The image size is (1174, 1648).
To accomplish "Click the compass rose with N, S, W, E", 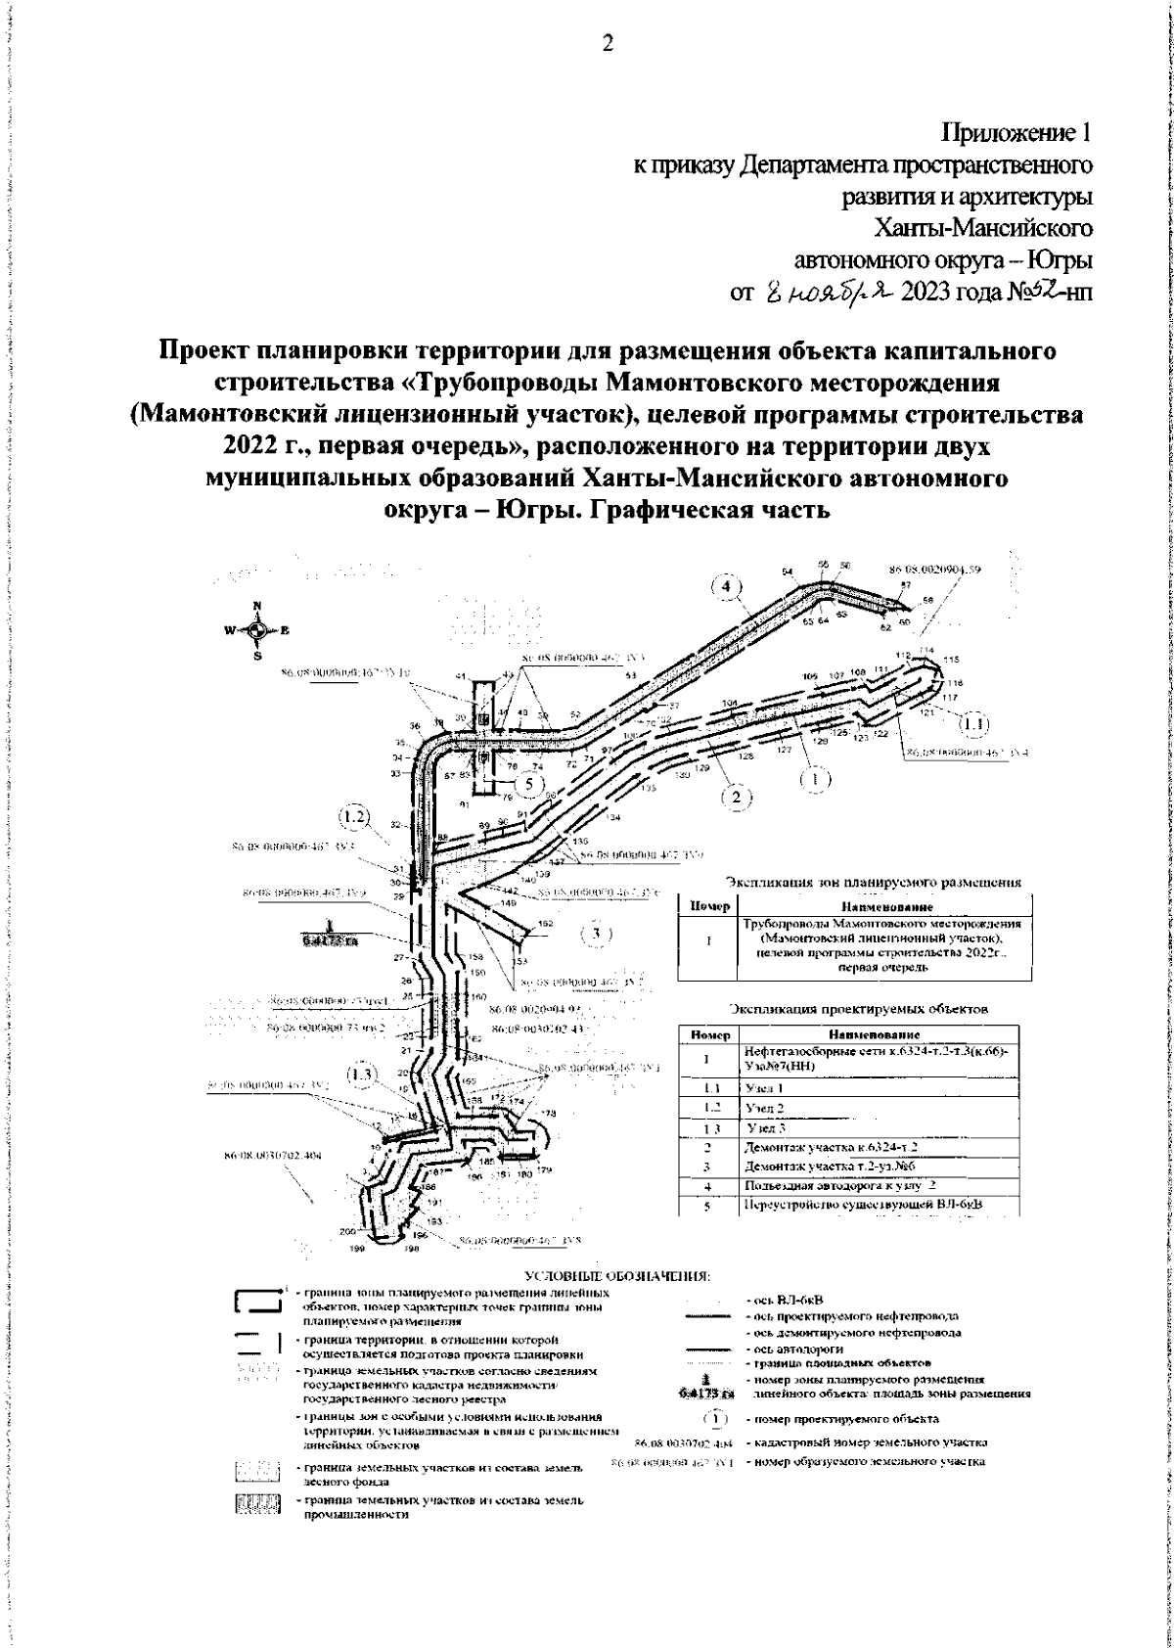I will pos(257,630).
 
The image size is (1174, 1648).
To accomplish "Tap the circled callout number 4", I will pos(726,586).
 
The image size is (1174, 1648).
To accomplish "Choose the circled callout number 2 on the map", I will pos(737,796).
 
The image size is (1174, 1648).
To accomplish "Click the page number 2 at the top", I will pos(607,43).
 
